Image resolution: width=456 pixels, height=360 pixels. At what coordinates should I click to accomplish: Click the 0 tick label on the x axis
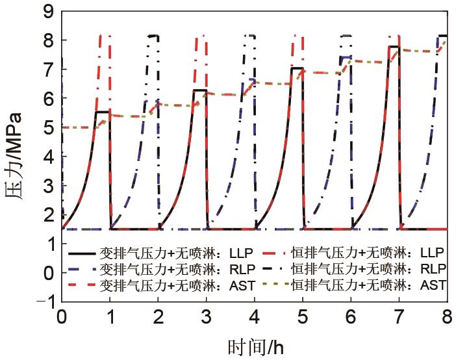[62, 318]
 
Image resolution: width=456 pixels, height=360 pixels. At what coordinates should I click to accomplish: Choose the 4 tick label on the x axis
[255, 318]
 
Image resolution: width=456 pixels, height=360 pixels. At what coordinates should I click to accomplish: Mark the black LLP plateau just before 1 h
[102, 112]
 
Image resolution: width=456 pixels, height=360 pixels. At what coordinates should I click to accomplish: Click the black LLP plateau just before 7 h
[393, 47]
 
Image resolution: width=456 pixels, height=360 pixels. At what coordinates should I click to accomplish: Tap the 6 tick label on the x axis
[351, 318]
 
